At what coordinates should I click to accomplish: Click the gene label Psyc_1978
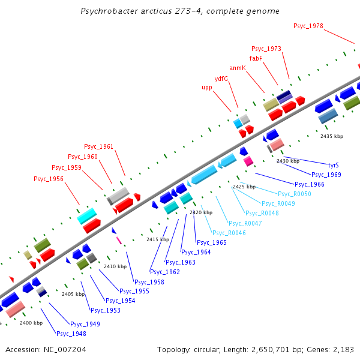[x=308, y=26]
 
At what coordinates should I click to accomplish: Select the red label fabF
[x=256, y=58]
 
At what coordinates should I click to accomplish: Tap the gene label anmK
[x=238, y=68]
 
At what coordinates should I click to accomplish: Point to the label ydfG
[x=221, y=79]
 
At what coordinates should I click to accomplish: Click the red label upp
[x=207, y=88]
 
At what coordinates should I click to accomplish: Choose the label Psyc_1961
[x=98, y=146]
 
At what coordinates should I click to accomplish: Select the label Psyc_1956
[x=49, y=179]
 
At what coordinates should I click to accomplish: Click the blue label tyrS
[x=334, y=164]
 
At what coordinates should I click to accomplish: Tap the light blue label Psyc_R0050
[x=294, y=194]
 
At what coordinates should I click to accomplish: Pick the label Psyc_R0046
[x=229, y=233]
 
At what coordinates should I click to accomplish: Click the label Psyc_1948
[x=71, y=334]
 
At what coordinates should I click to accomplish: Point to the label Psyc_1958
[x=149, y=282]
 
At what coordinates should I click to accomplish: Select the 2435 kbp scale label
[x=332, y=137]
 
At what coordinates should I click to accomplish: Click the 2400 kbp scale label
[x=31, y=323]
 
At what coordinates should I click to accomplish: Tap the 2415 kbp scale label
[x=158, y=239]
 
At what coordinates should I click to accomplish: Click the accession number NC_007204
[x=63, y=349]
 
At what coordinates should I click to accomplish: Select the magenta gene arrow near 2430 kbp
[x=248, y=161]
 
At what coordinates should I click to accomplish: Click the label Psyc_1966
[x=310, y=184]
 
